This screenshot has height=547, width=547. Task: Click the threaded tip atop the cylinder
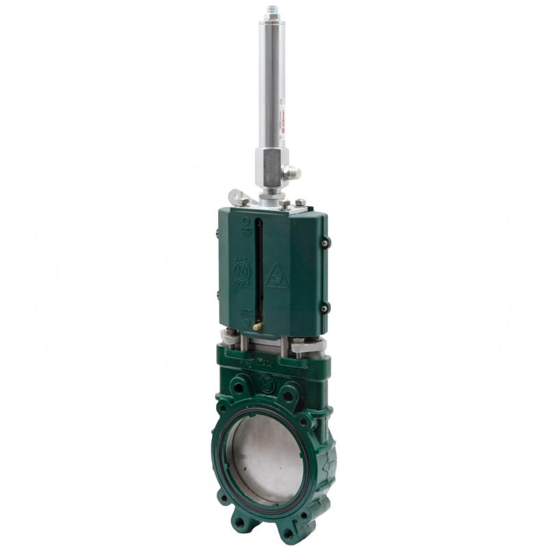[x=271, y=10]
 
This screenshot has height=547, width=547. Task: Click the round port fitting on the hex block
[x=293, y=174]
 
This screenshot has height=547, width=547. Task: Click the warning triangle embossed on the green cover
[x=277, y=276]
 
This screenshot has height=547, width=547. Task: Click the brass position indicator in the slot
[x=256, y=326]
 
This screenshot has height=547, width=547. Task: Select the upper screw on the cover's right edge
[x=326, y=243]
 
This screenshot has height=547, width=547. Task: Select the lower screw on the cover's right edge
[x=325, y=307]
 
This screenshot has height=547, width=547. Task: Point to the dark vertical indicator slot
[x=258, y=267]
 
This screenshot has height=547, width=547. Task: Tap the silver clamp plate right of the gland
[x=307, y=347]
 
